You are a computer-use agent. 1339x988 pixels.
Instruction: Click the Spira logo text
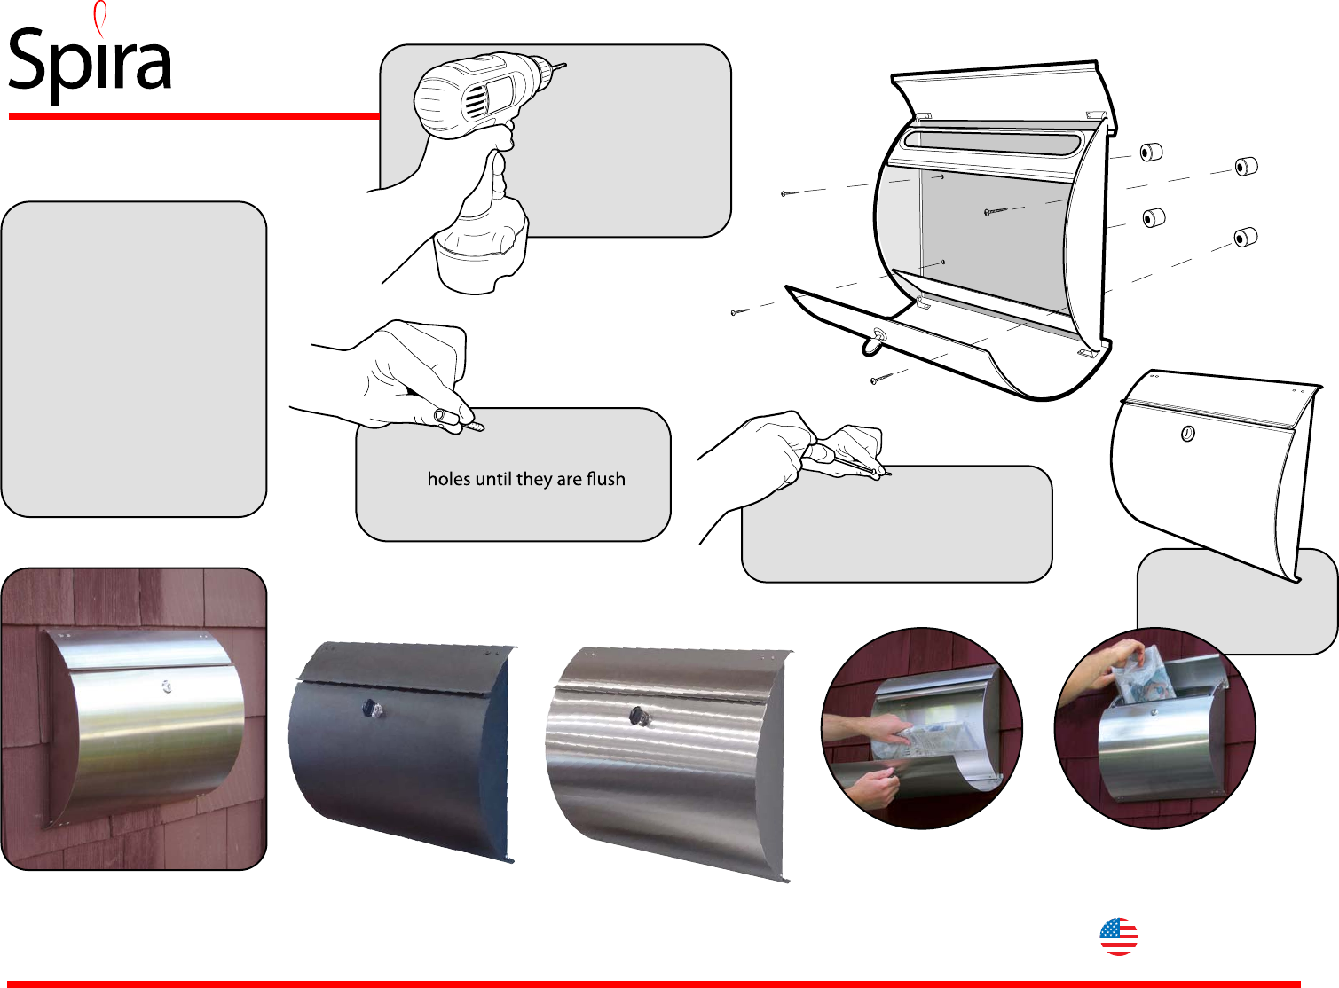[x=89, y=60]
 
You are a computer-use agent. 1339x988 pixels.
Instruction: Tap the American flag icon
[x=1118, y=937]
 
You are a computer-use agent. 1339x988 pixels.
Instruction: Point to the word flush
[x=605, y=479]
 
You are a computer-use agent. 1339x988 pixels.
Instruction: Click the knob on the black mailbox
[x=371, y=708]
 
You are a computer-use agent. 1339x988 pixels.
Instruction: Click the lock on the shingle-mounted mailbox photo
[x=166, y=686]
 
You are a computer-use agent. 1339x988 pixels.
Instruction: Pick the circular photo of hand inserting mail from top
[x=1154, y=728]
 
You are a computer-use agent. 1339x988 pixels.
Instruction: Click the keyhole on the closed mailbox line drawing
[x=1187, y=434]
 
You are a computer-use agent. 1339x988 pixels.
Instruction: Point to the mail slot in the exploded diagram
[x=992, y=142]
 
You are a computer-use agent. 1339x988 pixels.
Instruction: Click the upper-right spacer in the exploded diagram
[x=1246, y=166]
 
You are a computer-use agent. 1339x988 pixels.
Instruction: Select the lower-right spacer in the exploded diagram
[x=1246, y=238]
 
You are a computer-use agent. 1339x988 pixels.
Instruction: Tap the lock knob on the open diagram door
[x=878, y=336]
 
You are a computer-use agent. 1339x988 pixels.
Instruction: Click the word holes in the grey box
[x=449, y=479]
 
